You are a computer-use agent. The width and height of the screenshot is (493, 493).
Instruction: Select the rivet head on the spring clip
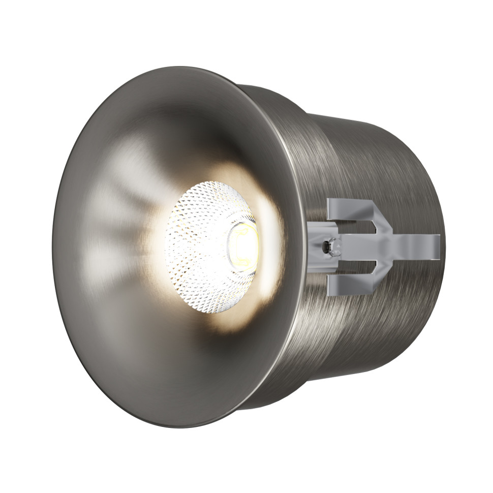tap(333, 246)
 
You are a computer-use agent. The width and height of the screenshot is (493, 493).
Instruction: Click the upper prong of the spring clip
tap(351, 205)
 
